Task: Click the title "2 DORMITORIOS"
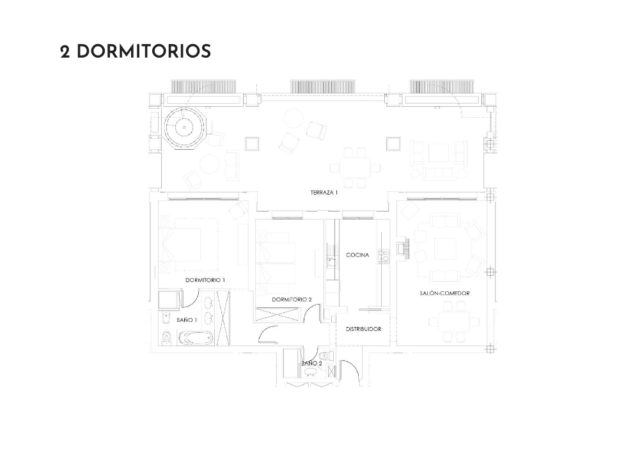pyautogui.click(x=135, y=52)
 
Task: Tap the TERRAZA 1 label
pyautogui.click(x=324, y=191)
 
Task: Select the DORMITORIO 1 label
pyautogui.click(x=205, y=280)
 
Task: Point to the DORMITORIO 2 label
pyautogui.click(x=292, y=299)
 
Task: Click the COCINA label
pyautogui.click(x=357, y=255)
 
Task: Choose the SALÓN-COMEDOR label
pyautogui.click(x=444, y=293)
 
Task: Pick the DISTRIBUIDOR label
pyautogui.click(x=363, y=329)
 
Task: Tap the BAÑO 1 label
pyautogui.click(x=187, y=319)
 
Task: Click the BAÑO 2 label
pyautogui.click(x=311, y=363)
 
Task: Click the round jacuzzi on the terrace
pyautogui.click(x=184, y=127)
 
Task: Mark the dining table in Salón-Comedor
pyautogui.click(x=453, y=322)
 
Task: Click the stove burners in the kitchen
pyautogui.click(x=384, y=256)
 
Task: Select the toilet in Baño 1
pyautogui.click(x=167, y=337)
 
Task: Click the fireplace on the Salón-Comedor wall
pyautogui.click(x=402, y=248)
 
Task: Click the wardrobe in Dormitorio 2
pyautogui.click(x=278, y=314)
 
